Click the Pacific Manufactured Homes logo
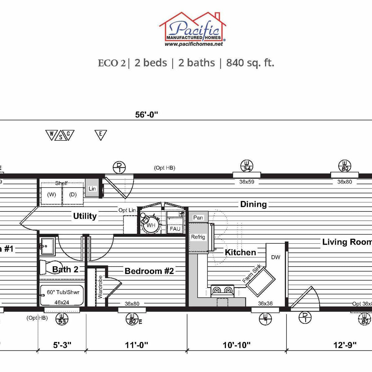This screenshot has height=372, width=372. click(x=193, y=28)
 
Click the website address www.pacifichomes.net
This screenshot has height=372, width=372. click(x=194, y=44)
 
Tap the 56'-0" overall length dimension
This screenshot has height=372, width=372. click(x=146, y=115)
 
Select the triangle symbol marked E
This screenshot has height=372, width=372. click(x=100, y=135)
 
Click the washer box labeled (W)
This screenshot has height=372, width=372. click(x=51, y=195)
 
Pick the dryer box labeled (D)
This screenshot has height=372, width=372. click(x=73, y=195)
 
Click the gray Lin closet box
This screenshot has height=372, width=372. click(x=92, y=188)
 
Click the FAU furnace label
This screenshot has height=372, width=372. click(x=175, y=229)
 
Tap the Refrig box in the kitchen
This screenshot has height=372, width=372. click(x=198, y=237)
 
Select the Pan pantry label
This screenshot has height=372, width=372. click(x=198, y=218)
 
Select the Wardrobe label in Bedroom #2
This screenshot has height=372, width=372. click(x=100, y=287)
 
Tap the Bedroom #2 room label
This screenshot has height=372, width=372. click(x=149, y=271)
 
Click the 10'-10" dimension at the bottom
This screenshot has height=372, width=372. click(x=237, y=345)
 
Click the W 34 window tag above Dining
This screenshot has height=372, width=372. click(x=247, y=166)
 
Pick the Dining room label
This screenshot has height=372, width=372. click(x=253, y=204)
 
